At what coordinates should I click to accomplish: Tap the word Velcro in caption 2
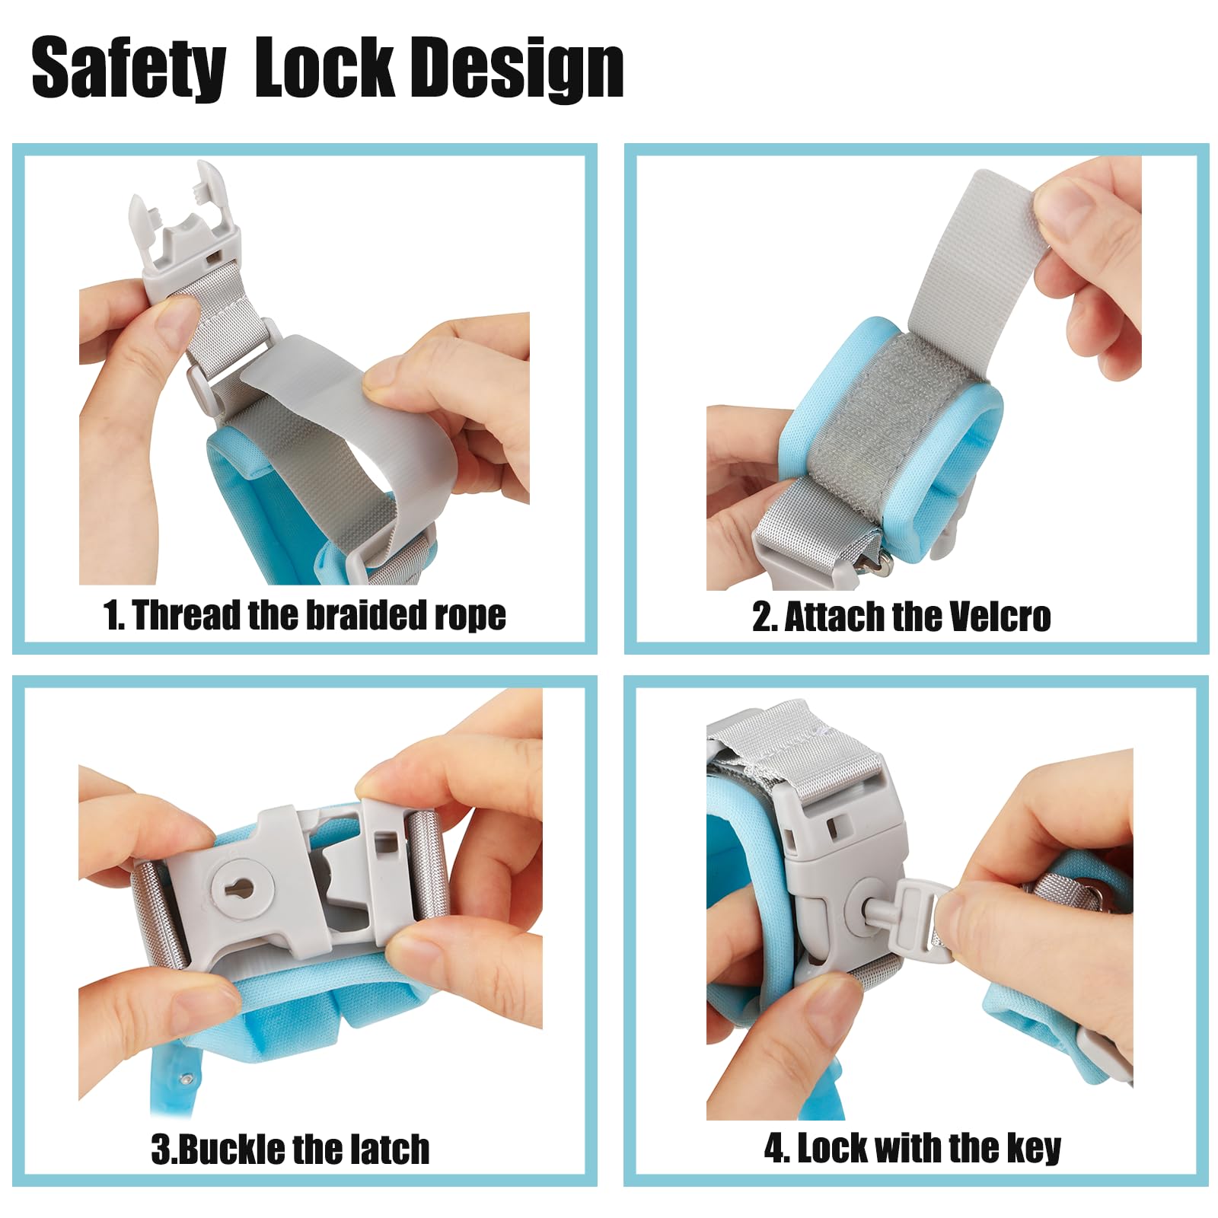pyautogui.click(x=993, y=617)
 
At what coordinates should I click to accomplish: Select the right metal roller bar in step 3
pyautogui.click(x=426, y=868)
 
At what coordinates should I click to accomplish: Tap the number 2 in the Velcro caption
pyautogui.click(x=762, y=617)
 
